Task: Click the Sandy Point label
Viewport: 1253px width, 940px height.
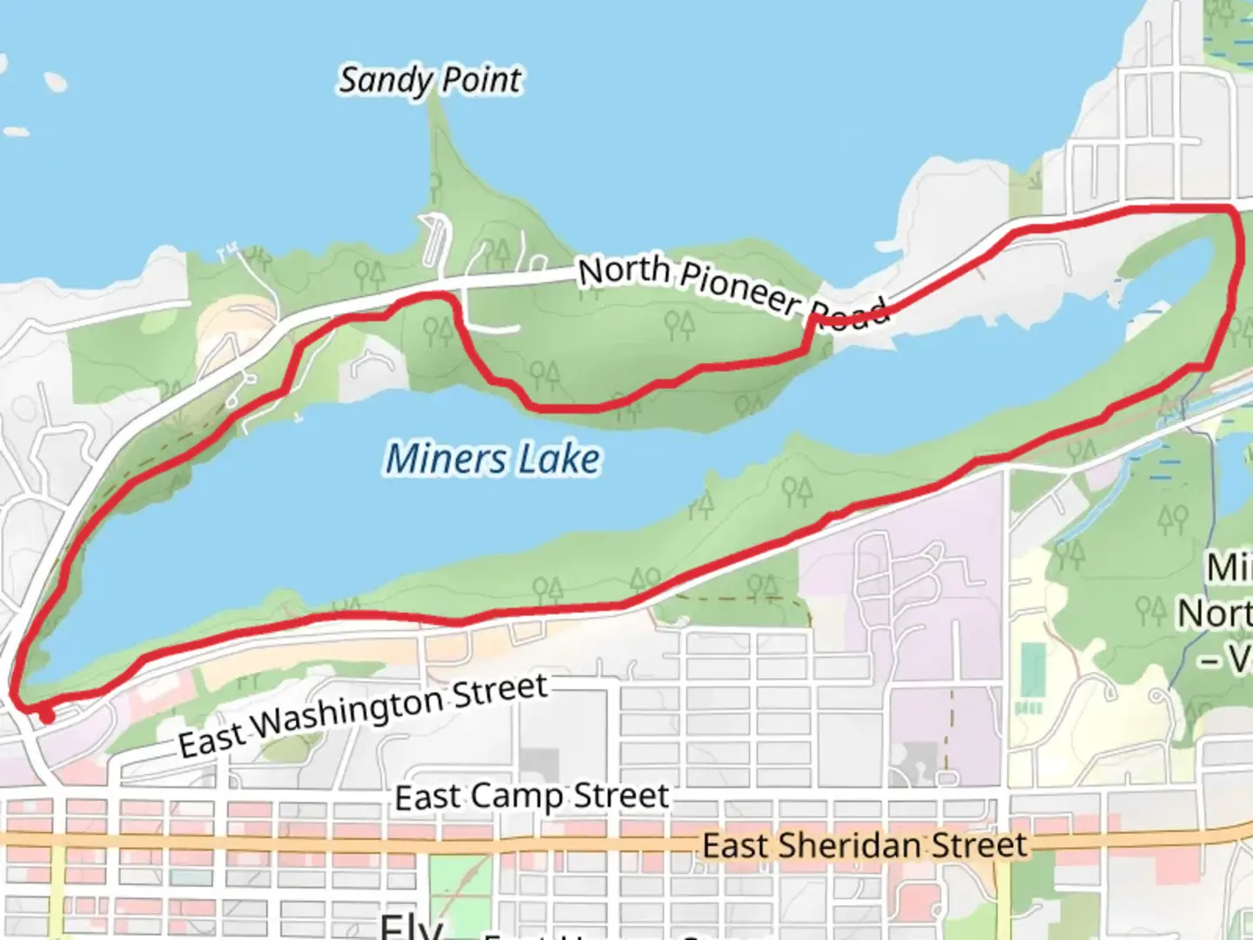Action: point(430,81)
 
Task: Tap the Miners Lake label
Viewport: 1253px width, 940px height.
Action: point(492,459)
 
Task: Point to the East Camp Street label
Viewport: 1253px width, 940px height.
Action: point(532,796)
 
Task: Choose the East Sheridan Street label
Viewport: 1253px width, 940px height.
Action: point(864,845)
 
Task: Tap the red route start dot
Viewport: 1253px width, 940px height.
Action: point(46,716)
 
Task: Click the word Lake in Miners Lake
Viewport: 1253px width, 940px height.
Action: point(559,459)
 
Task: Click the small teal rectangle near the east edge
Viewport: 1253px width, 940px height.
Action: point(1032,671)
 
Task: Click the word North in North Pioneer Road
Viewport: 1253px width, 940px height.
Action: point(624,272)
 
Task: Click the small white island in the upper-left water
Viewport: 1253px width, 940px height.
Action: point(55,83)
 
